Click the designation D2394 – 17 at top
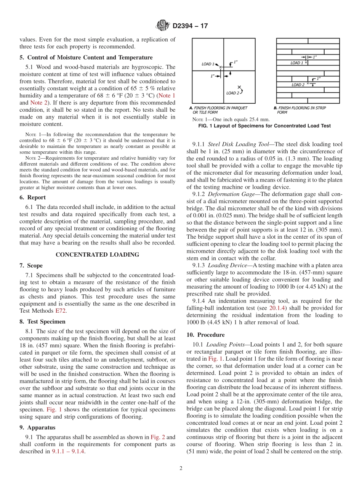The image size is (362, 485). click(190, 26)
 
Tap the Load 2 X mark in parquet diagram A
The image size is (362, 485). click(239, 87)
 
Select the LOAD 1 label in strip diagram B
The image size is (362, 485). click(297, 63)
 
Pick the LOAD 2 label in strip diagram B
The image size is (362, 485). click(298, 85)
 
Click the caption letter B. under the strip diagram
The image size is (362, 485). click(275, 108)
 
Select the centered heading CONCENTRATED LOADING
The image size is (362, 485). click(97, 255)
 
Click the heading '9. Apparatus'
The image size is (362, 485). click(37, 428)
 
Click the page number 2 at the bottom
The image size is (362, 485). click(181, 468)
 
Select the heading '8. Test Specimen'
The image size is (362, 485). click(42, 322)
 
